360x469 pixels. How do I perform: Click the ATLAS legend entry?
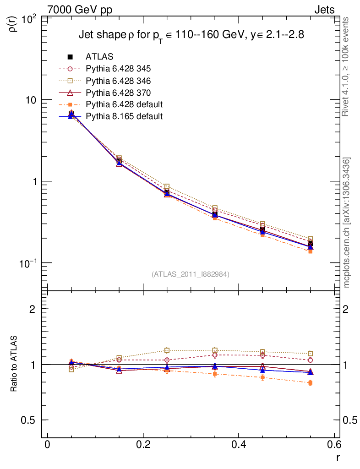click(x=100, y=57)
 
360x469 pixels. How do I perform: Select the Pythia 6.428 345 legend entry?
click(x=118, y=69)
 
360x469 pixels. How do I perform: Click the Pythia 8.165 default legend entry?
click(x=124, y=116)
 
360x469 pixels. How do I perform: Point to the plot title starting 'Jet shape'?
click(x=191, y=35)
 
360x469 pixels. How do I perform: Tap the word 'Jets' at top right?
click(x=324, y=10)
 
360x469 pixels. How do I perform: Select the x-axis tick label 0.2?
click(x=143, y=446)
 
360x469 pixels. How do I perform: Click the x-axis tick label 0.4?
click(x=239, y=446)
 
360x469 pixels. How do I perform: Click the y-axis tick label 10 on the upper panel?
click(x=32, y=100)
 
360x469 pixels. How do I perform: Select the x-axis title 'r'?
click(x=338, y=457)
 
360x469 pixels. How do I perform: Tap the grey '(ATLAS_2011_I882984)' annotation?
click(x=191, y=274)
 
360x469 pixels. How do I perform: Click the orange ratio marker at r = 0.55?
click(x=311, y=383)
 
